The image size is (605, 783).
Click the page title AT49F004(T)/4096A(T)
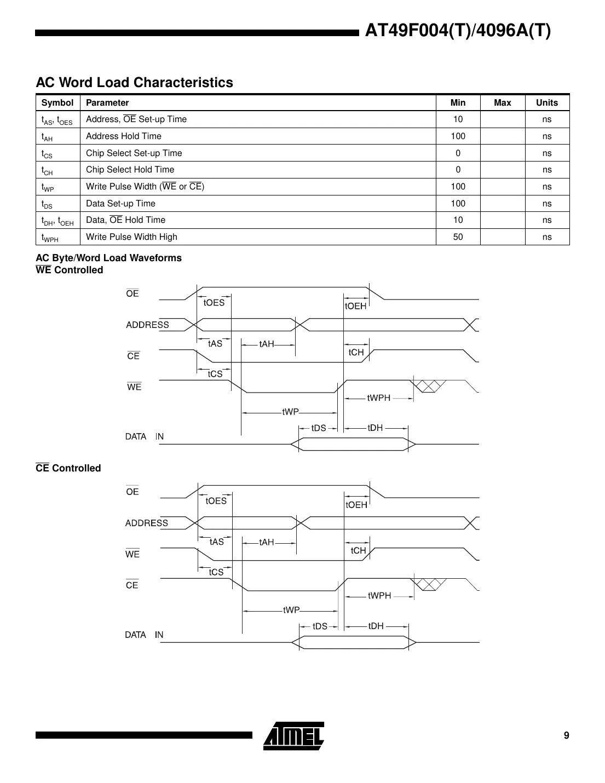(458, 31)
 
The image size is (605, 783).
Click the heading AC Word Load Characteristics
(134, 83)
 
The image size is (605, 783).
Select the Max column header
(502, 103)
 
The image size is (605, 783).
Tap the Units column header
(546, 103)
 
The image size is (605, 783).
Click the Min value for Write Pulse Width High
(458, 237)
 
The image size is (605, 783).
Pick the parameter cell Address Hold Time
(124, 136)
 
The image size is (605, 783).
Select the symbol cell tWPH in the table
(50, 238)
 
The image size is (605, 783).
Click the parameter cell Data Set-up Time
(120, 204)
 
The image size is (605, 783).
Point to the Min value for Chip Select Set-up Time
(458, 153)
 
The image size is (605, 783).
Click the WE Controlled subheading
(70, 270)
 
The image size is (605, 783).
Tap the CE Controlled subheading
(68, 468)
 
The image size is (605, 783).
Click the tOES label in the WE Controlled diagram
(214, 303)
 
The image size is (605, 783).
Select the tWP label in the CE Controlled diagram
(291, 610)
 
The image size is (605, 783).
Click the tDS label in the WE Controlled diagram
(319, 428)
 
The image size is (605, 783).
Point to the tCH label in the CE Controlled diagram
(358, 550)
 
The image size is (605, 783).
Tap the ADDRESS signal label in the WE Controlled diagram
(147, 325)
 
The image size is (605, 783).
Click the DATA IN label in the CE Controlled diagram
(144, 635)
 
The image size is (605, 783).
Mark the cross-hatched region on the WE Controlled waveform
(429, 386)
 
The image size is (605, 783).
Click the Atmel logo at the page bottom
(294, 735)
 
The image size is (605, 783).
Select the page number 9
(566, 735)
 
